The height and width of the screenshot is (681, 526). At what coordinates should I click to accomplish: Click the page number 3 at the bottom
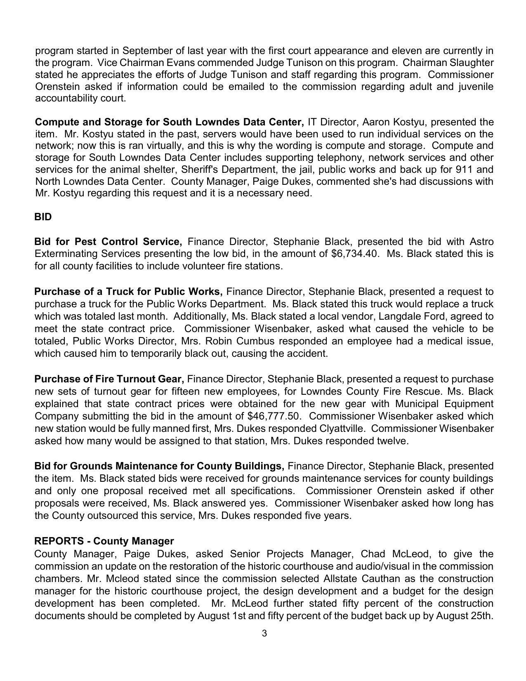point(264,633)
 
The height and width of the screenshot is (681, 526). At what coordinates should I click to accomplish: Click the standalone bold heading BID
point(43,217)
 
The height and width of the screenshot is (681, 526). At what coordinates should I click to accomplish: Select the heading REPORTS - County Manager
point(104,541)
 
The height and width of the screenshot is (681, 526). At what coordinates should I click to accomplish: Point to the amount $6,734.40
point(354,253)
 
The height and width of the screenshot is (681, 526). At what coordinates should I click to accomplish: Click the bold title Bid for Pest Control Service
point(108,241)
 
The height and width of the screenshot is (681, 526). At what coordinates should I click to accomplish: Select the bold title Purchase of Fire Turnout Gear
point(109,379)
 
